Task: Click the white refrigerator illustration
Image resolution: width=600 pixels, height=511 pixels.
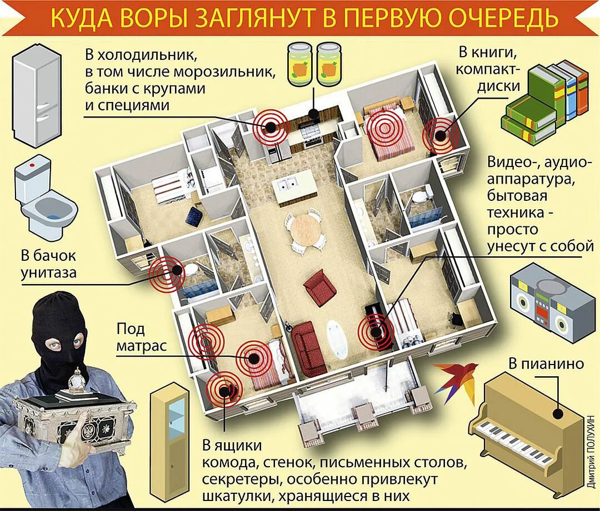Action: [36, 98]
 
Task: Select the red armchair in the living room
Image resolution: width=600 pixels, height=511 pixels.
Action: [320, 287]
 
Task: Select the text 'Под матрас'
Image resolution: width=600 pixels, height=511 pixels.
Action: [142, 337]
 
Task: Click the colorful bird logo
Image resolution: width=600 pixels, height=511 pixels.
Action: [455, 381]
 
